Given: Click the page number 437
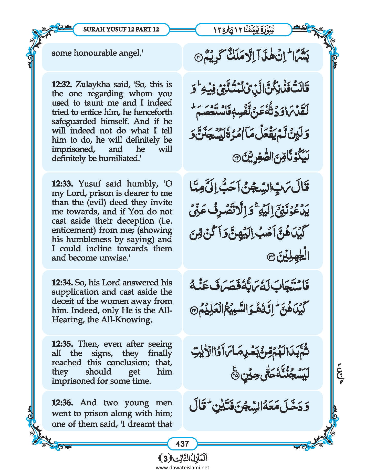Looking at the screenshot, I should tap(182, 444).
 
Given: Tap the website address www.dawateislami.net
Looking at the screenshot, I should tap(182, 467).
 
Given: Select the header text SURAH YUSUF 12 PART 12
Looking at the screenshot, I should tap(121, 29).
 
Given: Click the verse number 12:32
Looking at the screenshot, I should tap(61, 84).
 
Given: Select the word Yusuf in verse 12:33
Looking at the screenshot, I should tap(90, 184).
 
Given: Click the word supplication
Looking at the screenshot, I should tap(75, 292).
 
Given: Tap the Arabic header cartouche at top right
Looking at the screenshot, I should tap(244, 29).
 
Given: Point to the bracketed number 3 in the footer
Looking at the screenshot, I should tap(165, 458).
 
